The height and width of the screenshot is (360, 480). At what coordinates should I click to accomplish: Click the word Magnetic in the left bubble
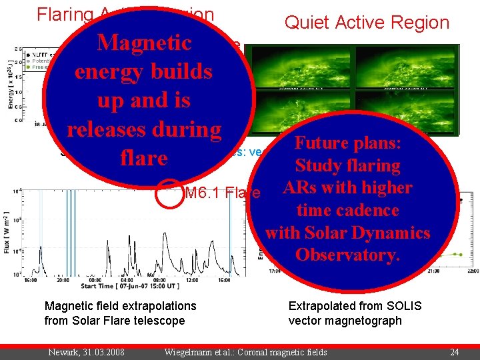click(144, 43)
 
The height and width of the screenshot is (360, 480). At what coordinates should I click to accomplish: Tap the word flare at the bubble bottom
click(144, 158)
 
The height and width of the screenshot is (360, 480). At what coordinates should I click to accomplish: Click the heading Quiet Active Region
click(367, 23)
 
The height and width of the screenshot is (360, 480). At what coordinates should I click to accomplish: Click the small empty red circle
click(171, 193)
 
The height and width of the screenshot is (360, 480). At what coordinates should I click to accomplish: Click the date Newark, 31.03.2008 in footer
click(85, 352)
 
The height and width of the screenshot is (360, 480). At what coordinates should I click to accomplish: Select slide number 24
click(455, 352)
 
